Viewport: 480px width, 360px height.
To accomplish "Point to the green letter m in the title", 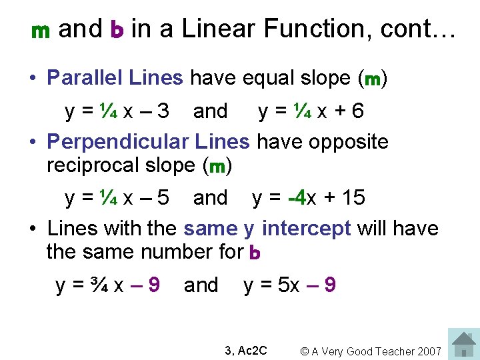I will [x=41, y=31].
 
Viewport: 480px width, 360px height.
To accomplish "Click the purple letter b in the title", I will [x=117, y=30].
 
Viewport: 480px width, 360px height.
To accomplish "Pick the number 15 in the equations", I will [x=353, y=197].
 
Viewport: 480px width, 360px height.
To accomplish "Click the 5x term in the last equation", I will [x=289, y=285].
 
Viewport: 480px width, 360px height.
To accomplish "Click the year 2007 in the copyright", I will [x=430, y=351].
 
